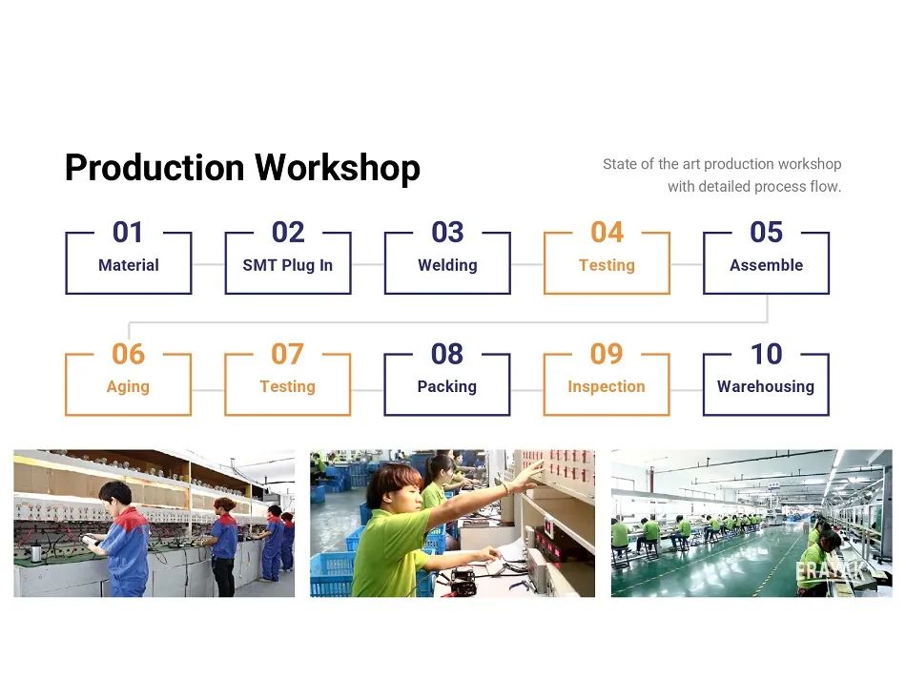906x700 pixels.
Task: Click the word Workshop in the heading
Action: point(338,168)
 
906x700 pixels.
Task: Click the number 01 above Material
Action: point(128,233)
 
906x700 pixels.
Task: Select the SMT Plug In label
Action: point(288,265)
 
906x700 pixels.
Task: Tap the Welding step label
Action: point(448,265)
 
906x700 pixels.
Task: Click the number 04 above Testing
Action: point(607,233)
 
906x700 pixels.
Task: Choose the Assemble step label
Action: point(766,265)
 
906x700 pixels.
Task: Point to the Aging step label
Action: point(128,386)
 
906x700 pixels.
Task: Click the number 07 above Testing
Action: point(287,354)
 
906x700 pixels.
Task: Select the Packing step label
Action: point(447,386)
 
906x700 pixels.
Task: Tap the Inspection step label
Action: point(607,386)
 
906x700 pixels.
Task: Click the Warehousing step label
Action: point(766,386)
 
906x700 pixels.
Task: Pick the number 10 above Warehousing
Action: point(766,354)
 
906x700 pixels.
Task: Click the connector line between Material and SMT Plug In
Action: point(208,264)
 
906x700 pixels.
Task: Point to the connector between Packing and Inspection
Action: point(527,390)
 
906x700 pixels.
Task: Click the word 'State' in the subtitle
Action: point(620,164)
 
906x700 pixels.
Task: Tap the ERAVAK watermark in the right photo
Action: point(831,570)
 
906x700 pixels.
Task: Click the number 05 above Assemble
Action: point(766,233)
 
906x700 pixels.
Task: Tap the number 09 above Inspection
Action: point(607,354)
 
